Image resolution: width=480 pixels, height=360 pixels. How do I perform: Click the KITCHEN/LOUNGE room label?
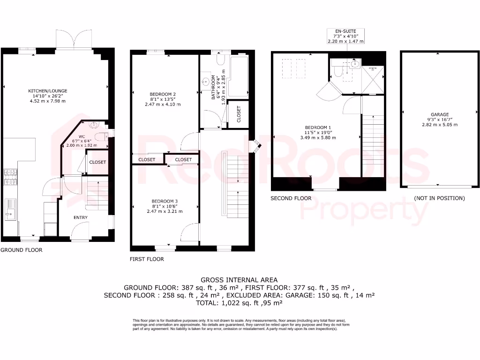(x=48, y=91)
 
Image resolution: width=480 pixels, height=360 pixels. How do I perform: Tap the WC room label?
(x=82, y=137)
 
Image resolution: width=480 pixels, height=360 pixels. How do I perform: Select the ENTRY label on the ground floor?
(x=80, y=217)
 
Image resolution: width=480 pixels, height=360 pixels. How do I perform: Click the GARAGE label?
(x=440, y=114)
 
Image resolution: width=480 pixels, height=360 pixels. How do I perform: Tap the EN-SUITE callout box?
(x=345, y=36)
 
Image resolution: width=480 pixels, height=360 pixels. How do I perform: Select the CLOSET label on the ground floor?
(x=97, y=162)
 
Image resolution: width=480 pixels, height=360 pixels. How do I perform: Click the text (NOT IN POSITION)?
(x=439, y=198)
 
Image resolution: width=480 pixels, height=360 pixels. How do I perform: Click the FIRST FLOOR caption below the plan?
(x=147, y=259)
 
